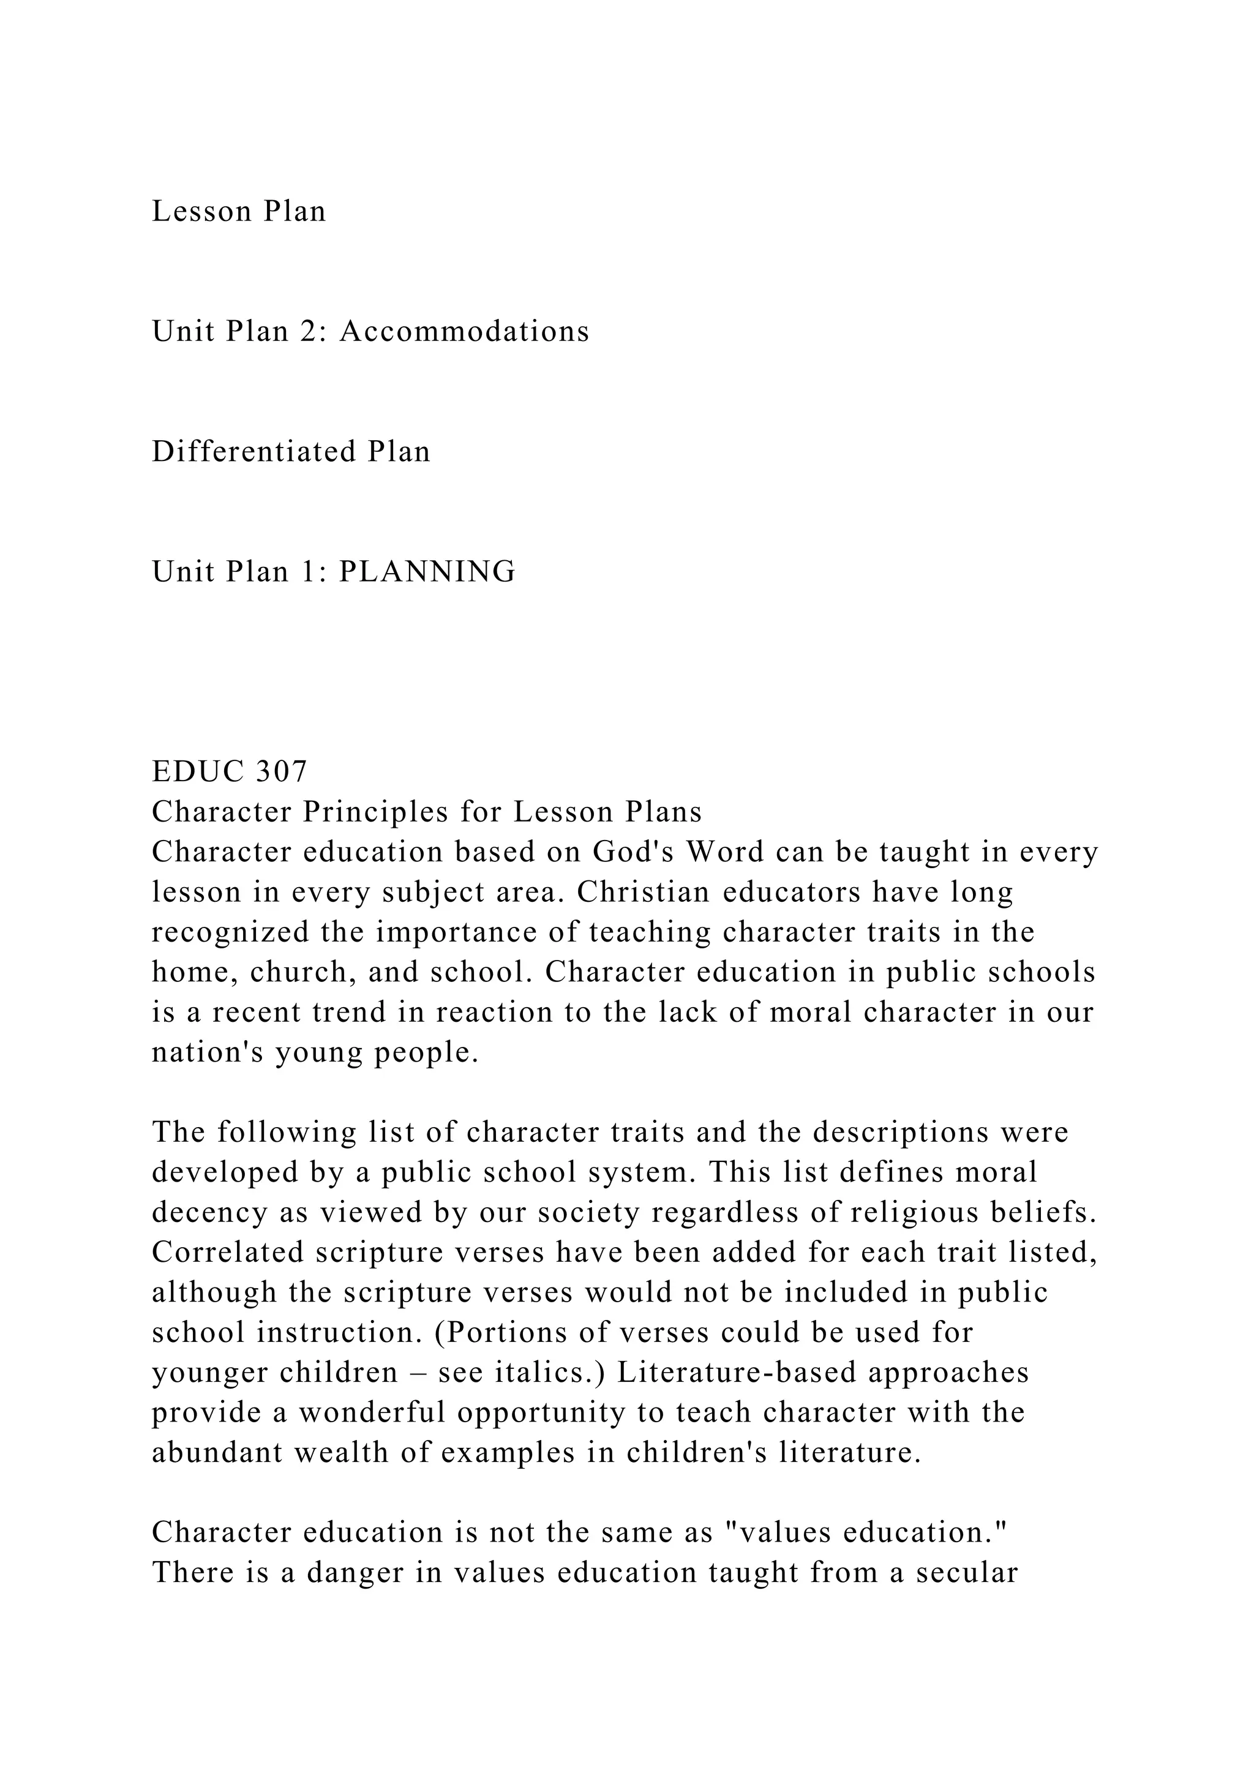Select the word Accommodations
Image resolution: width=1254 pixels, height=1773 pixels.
[x=464, y=331]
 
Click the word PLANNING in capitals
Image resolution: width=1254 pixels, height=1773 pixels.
[x=427, y=572]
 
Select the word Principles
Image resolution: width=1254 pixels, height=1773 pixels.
[x=376, y=812]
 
